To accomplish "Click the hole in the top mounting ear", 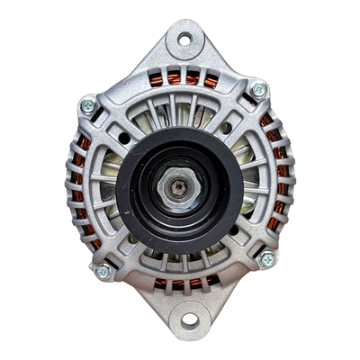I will (x=184, y=39).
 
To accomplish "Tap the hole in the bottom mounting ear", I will (x=189, y=319).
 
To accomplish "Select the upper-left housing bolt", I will (x=88, y=105).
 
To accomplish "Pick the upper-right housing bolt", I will (x=259, y=89).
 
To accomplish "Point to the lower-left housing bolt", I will (x=103, y=270).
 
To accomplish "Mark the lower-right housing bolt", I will (x=266, y=258).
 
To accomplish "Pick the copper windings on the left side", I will (x=78, y=180).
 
